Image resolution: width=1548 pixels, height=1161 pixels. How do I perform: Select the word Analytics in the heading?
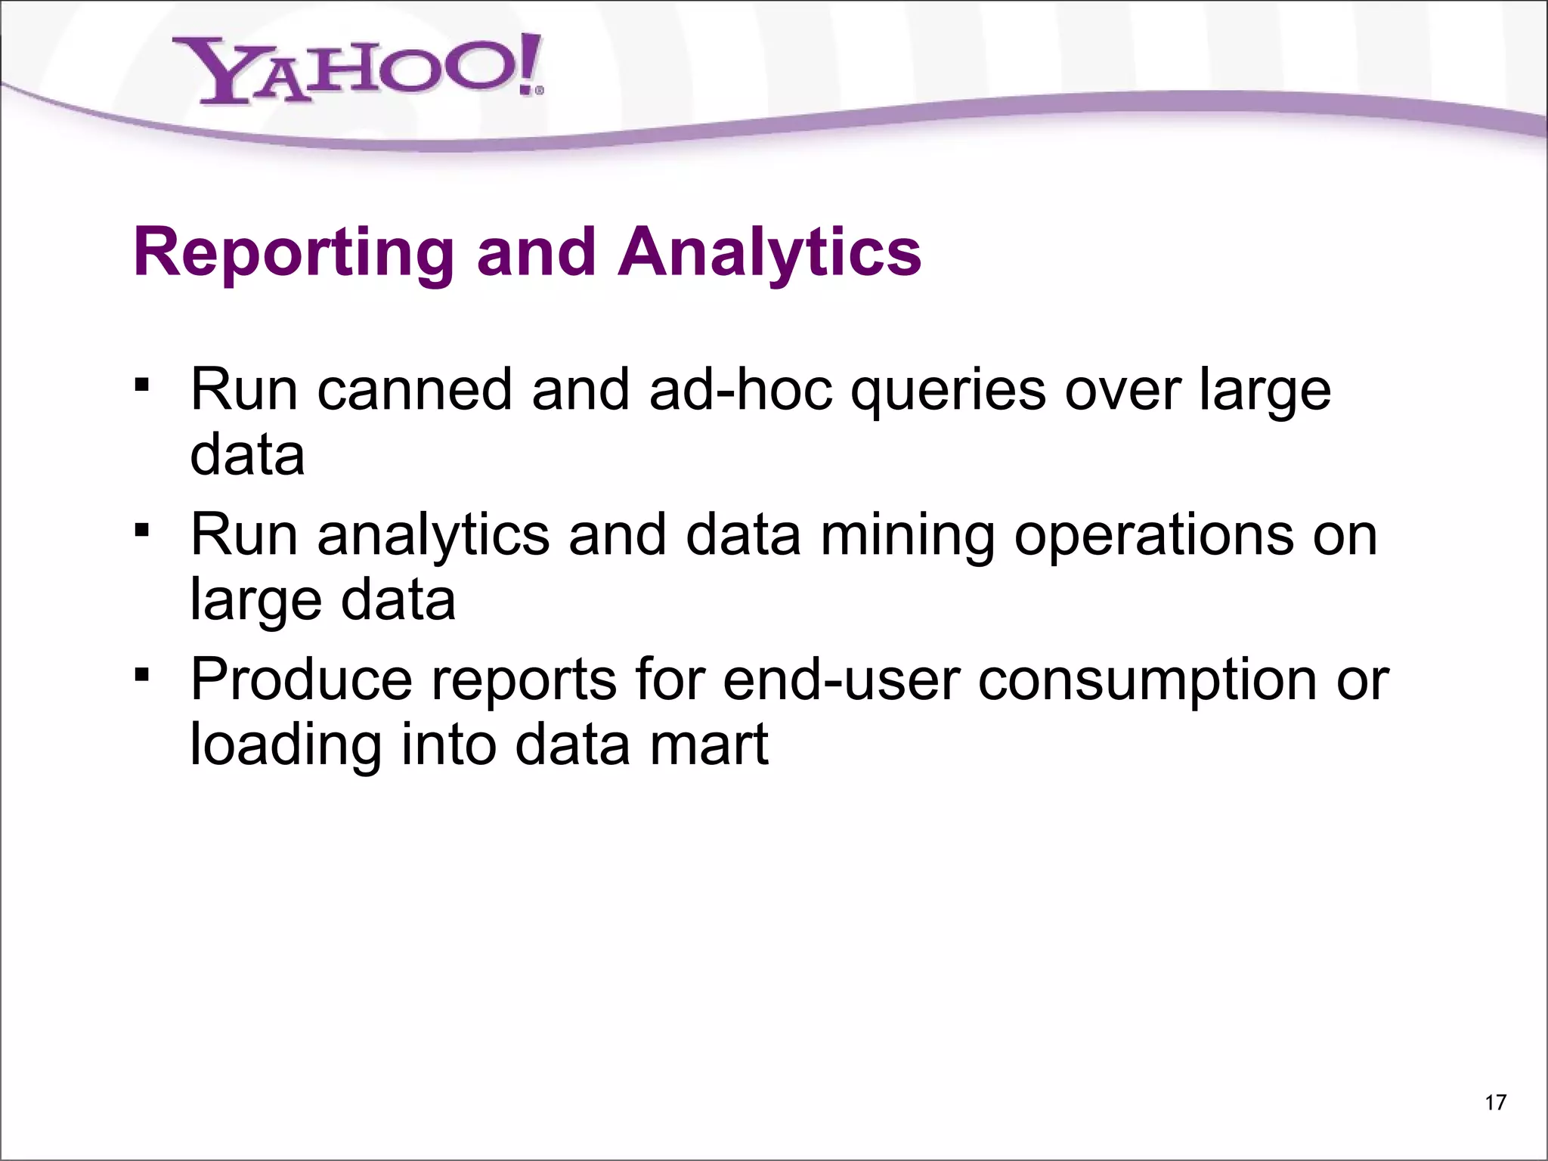click(769, 254)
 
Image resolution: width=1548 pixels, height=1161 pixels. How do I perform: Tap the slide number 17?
click(1495, 1103)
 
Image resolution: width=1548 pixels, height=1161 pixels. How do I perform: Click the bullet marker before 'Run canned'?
click(141, 385)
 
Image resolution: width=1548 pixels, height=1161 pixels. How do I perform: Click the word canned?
click(415, 390)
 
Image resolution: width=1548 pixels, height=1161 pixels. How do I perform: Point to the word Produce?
click(302, 680)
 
